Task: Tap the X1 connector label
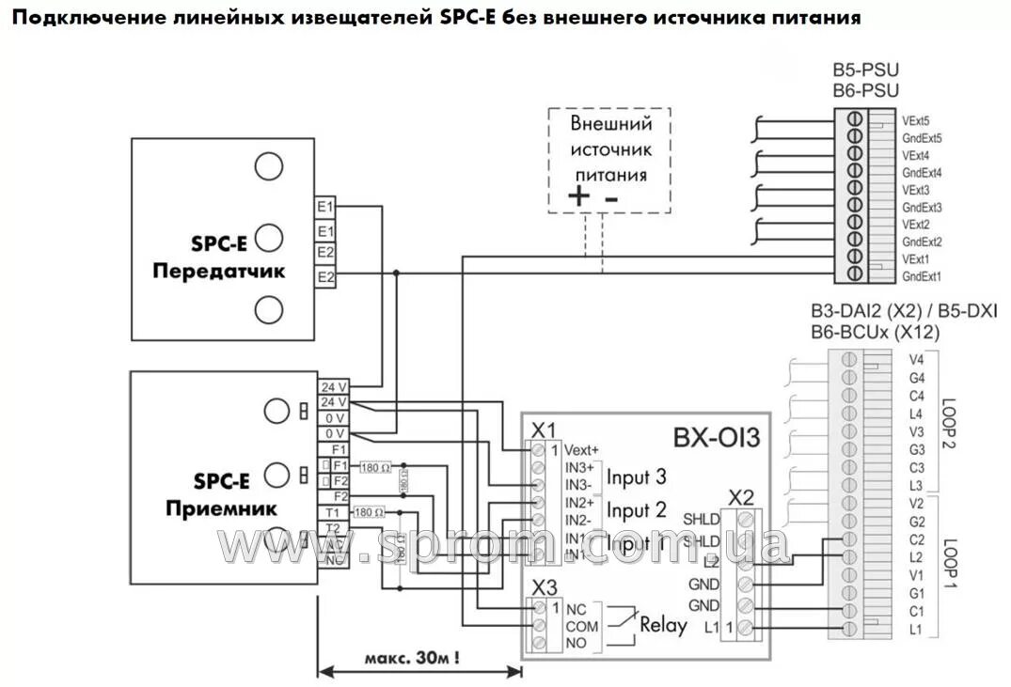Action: pyautogui.click(x=544, y=429)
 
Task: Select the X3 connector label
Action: pyautogui.click(x=544, y=588)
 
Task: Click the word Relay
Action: pyautogui.click(x=663, y=624)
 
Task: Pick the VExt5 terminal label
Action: pyautogui.click(x=916, y=120)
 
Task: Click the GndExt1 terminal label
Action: pyautogui.click(x=922, y=276)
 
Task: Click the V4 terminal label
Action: pyautogui.click(x=917, y=359)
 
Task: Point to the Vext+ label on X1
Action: pyautogui.click(x=582, y=448)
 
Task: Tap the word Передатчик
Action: pyautogui.click(x=219, y=272)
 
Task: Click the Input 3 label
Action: pyautogui.click(x=636, y=476)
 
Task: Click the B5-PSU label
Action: pyautogui.click(x=865, y=70)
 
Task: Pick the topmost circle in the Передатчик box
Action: pyautogui.click(x=269, y=166)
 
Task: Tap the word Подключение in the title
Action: pyautogui.click(x=75, y=18)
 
